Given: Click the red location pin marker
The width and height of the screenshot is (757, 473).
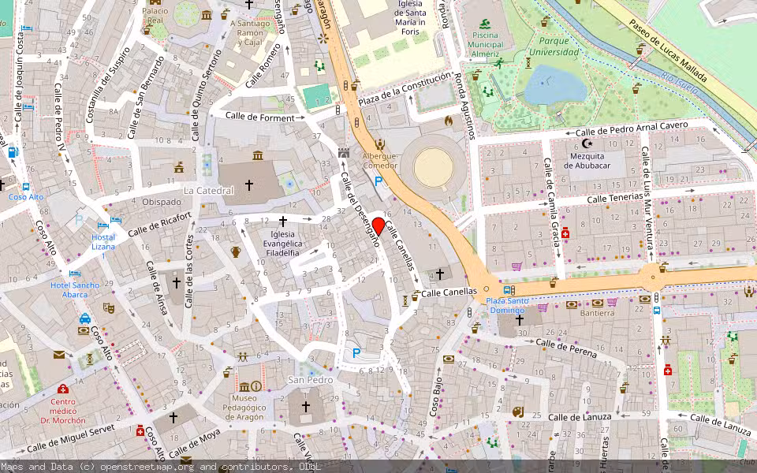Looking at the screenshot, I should point(378,226).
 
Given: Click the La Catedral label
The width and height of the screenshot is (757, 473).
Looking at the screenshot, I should point(209,191).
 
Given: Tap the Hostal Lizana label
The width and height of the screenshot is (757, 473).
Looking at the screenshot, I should point(103,242).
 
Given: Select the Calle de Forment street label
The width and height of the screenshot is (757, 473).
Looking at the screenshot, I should point(260,117).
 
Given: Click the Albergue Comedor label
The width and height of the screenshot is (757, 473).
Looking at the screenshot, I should point(380,161).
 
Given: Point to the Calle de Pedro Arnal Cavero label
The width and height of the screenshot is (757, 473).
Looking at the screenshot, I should point(632,129).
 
